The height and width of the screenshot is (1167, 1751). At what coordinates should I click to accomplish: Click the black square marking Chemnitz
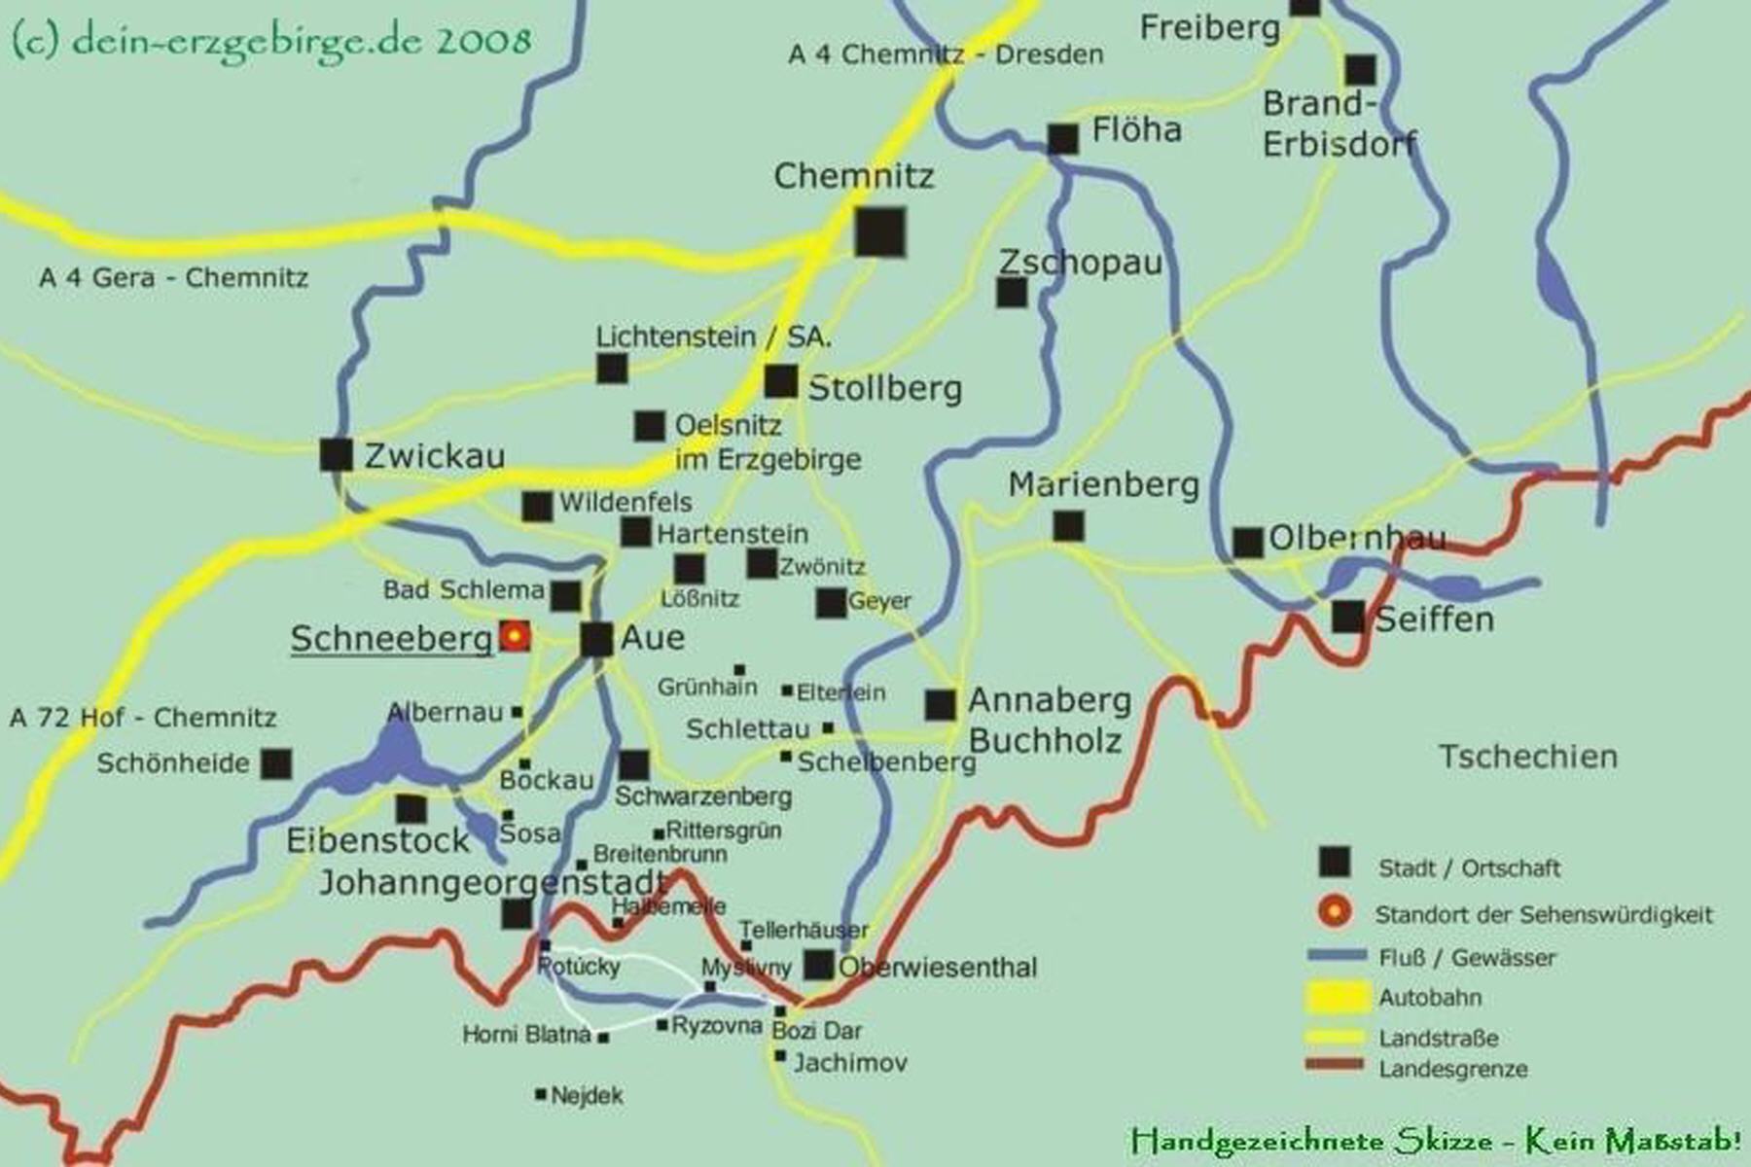point(880,231)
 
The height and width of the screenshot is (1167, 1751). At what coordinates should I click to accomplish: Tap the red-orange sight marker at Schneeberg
point(515,636)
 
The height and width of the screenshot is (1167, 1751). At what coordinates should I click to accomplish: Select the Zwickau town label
point(435,455)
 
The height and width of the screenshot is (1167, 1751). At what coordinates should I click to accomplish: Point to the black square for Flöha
point(1062,139)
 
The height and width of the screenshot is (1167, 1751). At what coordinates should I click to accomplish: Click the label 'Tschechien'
point(1527,757)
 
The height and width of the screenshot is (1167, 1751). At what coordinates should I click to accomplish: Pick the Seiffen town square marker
point(1348,617)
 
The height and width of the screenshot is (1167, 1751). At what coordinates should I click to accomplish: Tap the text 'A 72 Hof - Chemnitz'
point(143,718)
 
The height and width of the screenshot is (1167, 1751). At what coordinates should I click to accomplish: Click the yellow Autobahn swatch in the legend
point(1337,997)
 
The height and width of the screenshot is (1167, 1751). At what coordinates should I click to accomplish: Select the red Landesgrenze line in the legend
point(1335,1065)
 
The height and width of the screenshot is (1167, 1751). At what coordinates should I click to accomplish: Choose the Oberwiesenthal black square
point(819,965)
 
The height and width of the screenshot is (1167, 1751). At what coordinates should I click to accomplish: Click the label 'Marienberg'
point(1103,484)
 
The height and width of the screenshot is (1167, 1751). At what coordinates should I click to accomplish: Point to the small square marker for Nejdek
point(541,1095)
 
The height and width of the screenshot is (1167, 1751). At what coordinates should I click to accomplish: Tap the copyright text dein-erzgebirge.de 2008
point(272,41)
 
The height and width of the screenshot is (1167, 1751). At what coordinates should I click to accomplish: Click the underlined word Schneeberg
point(391,639)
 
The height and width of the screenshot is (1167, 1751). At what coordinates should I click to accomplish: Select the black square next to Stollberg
point(780,381)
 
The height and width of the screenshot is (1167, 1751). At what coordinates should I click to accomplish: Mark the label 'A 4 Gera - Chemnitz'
point(173,278)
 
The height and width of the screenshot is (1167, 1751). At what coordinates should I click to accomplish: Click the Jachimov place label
point(850,1062)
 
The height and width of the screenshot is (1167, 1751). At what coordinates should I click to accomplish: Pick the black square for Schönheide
point(276,763)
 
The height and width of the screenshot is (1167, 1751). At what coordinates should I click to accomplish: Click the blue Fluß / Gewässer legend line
point(1335,957)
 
